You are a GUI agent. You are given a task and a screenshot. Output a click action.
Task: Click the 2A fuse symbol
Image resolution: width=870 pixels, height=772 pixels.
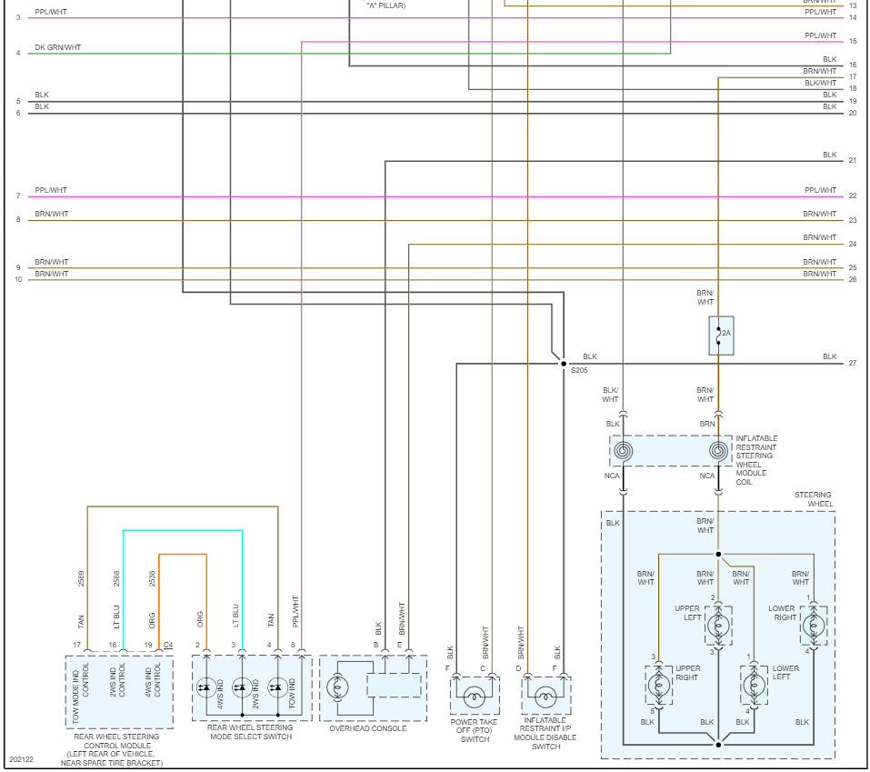tap(720, 335)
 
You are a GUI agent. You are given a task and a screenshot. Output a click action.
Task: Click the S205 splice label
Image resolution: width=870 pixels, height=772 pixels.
tap(579, 371)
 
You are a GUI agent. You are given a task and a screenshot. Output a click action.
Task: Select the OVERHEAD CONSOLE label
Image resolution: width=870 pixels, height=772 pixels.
tap(368, 728)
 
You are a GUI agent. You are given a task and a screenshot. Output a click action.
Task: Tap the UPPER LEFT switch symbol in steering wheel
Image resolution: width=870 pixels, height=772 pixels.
tap(718, 624)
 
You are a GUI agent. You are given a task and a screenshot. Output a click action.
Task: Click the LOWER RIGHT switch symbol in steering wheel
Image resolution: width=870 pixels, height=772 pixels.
tap(814, 625)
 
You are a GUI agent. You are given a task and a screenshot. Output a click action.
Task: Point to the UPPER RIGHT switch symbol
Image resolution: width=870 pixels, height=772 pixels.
tap(659, 684)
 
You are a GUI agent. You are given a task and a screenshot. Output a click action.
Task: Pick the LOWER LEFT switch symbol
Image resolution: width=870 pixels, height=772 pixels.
tap(754, 684)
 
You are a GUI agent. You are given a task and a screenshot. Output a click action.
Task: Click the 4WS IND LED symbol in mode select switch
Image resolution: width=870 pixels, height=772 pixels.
tap(205, 687)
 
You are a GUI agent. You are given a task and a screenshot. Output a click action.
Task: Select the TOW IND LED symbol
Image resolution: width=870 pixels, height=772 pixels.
tap(275, 687)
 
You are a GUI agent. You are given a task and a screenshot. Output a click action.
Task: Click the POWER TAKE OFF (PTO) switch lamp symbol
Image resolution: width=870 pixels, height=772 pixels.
tap(474, 697)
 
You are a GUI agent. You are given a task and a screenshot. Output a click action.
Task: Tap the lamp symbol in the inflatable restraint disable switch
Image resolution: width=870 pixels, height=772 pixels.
tap(545, 697)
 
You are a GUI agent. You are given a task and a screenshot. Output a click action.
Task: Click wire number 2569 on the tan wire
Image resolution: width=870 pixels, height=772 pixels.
tap(81, 577)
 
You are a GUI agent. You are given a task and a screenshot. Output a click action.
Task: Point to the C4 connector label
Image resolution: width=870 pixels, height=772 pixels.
tap(167, 645)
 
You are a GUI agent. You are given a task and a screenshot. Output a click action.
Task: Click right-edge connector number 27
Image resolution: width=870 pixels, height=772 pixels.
tap(852, 363)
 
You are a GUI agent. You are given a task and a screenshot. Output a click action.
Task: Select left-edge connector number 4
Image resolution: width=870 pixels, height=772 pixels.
tap(17, 54)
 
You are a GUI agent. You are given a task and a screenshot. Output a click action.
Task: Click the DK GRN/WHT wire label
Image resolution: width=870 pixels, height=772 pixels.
tap(58, 47)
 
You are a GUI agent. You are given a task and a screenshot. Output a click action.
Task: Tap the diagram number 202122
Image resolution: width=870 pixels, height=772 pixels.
tap(22, 759)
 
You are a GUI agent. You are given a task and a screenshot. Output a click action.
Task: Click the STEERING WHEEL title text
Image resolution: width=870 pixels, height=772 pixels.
tap(814, 499)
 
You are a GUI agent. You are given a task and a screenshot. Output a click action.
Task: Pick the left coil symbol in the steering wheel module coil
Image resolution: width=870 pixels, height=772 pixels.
tap(624, 450)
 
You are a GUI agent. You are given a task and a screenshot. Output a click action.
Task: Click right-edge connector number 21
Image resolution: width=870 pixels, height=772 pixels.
tap(852, 161)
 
